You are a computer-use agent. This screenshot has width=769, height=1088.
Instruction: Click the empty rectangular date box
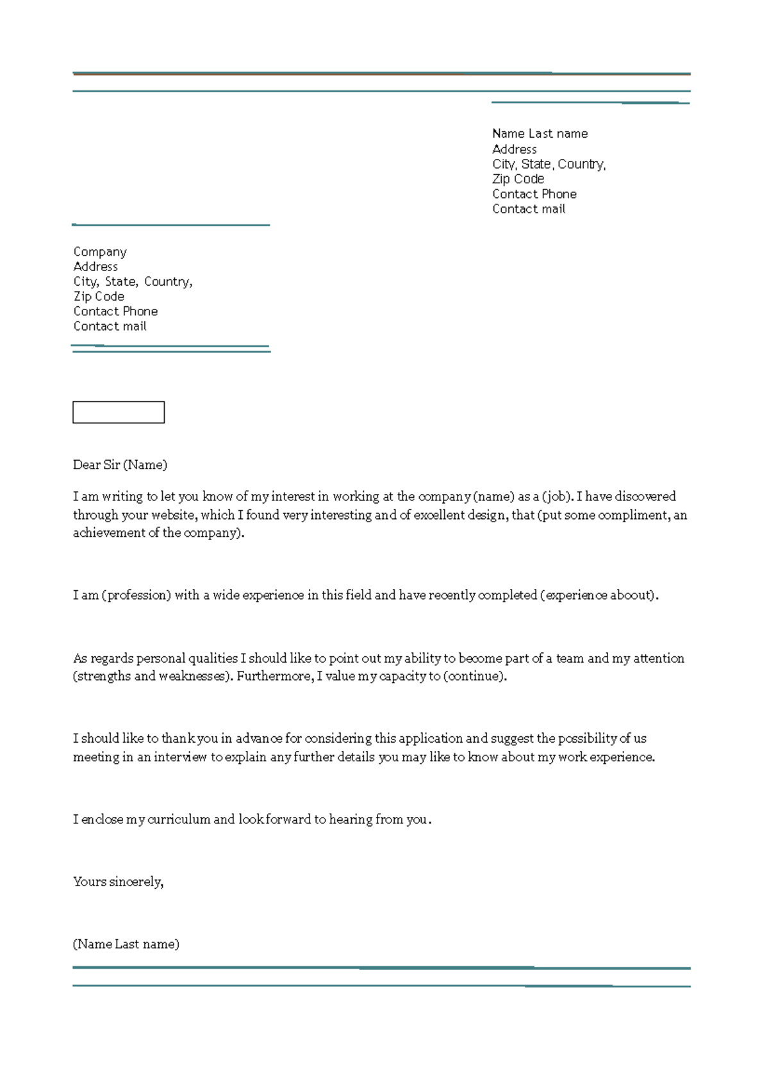(x=119, y=412)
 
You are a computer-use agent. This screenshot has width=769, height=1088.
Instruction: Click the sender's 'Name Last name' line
(x=540, y=133)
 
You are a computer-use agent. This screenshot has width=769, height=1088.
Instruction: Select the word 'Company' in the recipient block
(x=100, y=252)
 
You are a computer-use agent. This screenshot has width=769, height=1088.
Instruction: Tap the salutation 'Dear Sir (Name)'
(x=120, y=465)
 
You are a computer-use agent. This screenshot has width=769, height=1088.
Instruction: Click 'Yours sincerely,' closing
(x=118, y=882)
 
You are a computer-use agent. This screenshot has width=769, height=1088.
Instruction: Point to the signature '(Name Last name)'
(x=126, y=944)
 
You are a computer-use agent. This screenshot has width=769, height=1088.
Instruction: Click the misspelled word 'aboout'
(x=631, y=595)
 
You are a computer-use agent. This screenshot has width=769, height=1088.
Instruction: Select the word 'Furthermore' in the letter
(x=274, y=676)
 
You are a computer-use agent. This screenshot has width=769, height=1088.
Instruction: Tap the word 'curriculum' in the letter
(x=178, y=819)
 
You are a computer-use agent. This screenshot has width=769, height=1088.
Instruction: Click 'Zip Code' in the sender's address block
(x=518, y=179)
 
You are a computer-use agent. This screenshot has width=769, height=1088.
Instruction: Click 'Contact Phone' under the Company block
(x=115, y=311)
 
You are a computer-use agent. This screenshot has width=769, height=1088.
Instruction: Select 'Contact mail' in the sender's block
(x=529, y=209)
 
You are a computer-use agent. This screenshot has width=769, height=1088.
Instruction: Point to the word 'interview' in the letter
(x=180, y=757)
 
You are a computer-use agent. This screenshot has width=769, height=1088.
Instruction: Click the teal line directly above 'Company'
(x=171, y=225)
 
